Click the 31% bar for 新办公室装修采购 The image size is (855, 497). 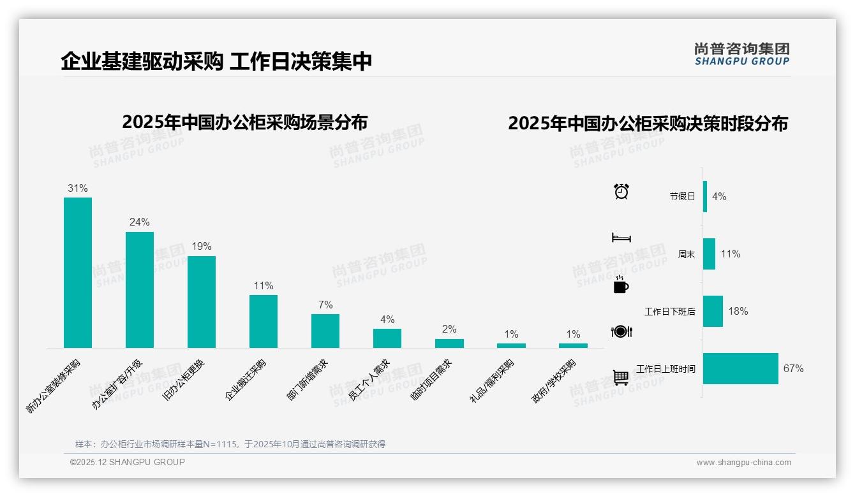click(x=78, y=273)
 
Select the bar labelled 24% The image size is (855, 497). click(x=140, y=290)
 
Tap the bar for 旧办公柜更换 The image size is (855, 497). click(x=202, y=302)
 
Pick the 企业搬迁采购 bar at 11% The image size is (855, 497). click(x=264, y=321)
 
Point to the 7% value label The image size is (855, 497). click(x=325, y=305)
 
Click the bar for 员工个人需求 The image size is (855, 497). click(x=387, y=338)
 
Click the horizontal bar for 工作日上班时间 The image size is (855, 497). click(x=741, y=368)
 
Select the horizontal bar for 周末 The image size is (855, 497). click(x=710, y=254)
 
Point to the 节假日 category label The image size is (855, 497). click(x=682, y=196)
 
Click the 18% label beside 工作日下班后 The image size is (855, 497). click(x=738, y=311)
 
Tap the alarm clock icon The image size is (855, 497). click(x=621, y=191)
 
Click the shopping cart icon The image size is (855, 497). click(x=621, y=378)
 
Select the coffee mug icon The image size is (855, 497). click(x=621, y=285)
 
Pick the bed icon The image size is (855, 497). click(x=621, y=238)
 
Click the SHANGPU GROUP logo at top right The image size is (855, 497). click(x=742, y=54)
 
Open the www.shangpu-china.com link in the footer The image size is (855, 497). click(x=743, y=463)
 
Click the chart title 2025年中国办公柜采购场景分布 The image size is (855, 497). click(x=245, y=122)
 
